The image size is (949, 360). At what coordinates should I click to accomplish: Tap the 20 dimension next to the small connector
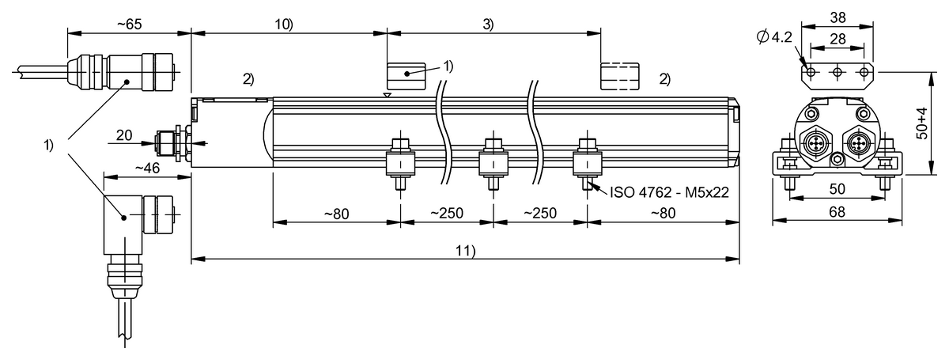(x=124, y=135)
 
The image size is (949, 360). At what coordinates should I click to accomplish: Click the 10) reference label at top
(x=283, y=25)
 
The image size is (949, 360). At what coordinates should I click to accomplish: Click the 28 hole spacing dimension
(x=837, y=38)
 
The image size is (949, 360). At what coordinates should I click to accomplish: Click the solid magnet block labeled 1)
(x=406, y=77)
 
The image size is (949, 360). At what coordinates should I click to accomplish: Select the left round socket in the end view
(x=815, y=144)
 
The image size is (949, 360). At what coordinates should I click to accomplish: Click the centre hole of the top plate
(x=837, y=73)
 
